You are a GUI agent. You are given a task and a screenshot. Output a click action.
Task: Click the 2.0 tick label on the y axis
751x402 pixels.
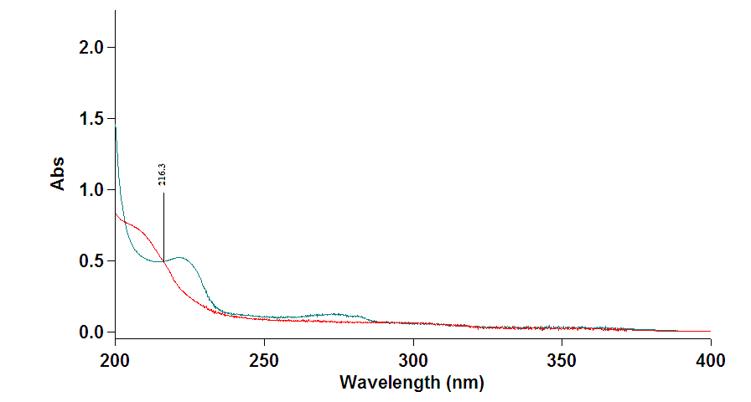coord(91,47)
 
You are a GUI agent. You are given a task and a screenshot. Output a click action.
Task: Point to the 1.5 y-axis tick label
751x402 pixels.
coord(91,118)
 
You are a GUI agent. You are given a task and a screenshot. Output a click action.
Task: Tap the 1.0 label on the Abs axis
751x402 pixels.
coord(91,189)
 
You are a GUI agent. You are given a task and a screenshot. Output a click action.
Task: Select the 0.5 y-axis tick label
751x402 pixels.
coord(91,260)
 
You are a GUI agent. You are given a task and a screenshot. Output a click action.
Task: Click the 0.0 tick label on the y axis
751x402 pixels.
coord(91,332)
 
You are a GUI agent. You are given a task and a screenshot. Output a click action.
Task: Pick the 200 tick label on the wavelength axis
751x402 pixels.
coord(115,353)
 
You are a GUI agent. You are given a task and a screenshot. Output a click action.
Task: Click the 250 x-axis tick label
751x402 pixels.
coord(264,353)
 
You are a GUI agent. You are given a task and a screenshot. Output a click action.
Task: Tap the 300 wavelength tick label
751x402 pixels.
coord(413,353)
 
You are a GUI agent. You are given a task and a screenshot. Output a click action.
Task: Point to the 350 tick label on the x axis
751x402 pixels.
coord(562,353)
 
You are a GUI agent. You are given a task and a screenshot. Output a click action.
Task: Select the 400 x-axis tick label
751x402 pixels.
coord(710,353)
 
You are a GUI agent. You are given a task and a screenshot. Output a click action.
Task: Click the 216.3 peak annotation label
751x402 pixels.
coord(163,175)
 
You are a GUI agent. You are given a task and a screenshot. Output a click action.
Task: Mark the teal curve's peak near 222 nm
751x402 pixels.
coord(180,257)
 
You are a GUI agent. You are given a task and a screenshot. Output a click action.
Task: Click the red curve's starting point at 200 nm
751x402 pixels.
coord(116,214)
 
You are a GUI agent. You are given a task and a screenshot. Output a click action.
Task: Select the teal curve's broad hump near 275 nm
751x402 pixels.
coord(335,314)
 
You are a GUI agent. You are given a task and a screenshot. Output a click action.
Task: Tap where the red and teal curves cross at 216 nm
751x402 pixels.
coord(163,260)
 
